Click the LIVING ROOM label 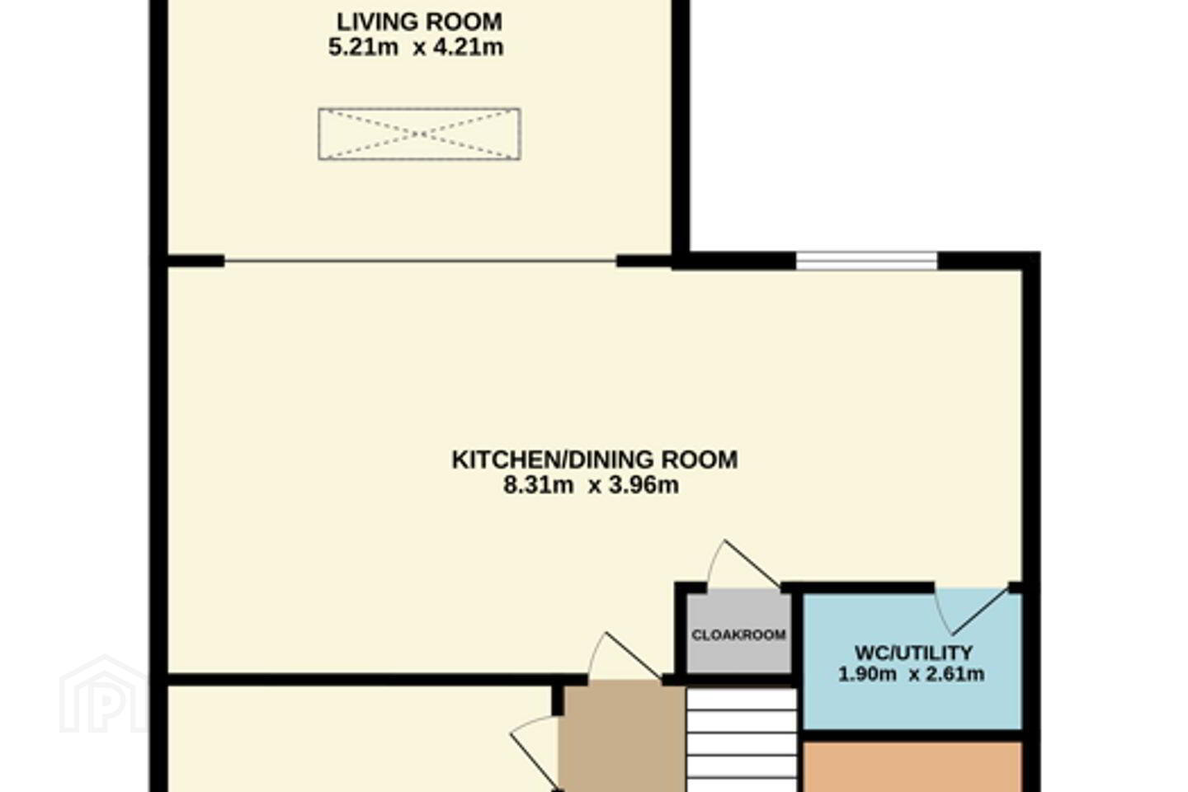419,22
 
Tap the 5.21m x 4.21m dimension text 416,48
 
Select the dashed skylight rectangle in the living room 419,134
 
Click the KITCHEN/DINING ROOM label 595,460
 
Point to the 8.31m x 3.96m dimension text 591,485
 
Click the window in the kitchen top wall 866,261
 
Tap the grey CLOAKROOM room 739,633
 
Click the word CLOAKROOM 739,635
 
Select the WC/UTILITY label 913,652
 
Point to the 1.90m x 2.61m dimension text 911,674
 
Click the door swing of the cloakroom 742,564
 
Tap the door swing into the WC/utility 972,610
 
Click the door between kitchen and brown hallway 625,656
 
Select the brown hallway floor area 622,736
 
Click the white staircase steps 742,740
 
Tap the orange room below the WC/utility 912,767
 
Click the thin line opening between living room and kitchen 420,261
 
